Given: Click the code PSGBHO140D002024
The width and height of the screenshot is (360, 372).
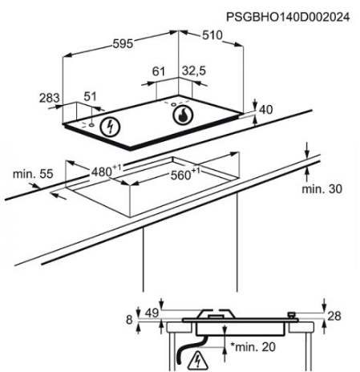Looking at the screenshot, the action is tap(288, 17).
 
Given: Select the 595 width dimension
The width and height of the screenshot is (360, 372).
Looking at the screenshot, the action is tap(123, 43).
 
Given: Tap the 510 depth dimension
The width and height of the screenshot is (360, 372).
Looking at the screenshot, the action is tap(212, 35).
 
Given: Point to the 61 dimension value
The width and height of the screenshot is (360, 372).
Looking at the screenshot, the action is tap(159, 71).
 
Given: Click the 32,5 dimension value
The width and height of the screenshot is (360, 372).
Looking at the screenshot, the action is tap(194, 71).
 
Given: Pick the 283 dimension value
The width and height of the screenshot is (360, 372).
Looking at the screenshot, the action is tap(50, 98).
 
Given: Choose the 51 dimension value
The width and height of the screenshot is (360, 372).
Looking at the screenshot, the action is tap(90, 96).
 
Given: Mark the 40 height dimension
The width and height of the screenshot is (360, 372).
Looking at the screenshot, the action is tap(266, 110).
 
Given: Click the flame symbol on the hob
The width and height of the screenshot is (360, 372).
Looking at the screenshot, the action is tap(183, 115).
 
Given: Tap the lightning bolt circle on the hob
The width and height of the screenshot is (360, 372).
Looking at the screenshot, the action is tap(110, 127).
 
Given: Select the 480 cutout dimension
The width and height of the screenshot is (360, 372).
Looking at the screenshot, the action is tap(106, 171).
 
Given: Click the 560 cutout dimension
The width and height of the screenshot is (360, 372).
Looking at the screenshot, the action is tap(185, 174).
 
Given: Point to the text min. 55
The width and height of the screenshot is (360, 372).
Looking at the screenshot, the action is tap(33, 174).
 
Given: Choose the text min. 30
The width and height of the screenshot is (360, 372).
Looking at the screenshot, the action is tap(322, 189).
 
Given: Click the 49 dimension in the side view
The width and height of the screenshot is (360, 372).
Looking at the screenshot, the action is tap(152, 313).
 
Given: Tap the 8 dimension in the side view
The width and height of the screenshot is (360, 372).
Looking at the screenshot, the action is tap(129, 320).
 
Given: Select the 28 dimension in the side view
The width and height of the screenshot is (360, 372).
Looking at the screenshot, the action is tap(334, 316).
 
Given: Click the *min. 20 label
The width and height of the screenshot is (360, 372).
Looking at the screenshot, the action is tap(253, 347).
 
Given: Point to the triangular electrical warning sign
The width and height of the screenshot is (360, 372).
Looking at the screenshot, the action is tap(198, 361).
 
